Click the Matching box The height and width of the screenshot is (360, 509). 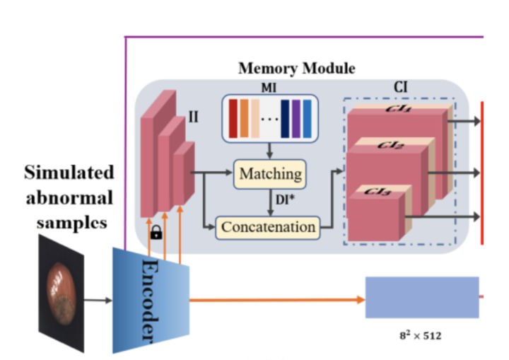click(270, 173)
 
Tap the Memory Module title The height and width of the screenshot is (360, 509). click(296, 69)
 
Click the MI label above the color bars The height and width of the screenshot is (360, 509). click(270, 89)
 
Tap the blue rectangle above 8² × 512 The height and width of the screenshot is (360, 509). click(421, 298)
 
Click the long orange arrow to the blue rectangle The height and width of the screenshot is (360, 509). click(276, 299)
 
